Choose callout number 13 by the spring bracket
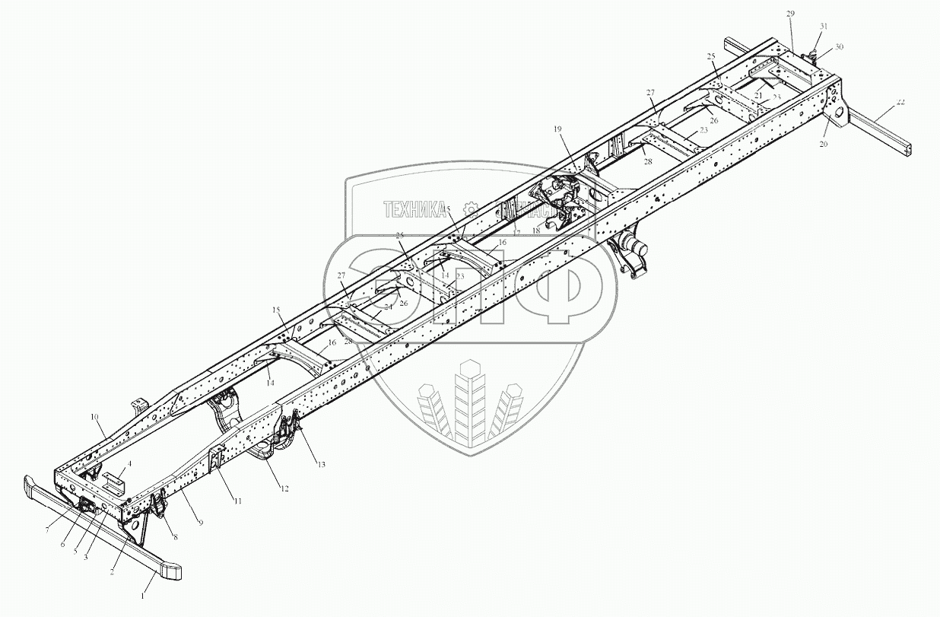pos(320,464)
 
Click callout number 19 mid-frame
pos(557,130)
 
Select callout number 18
pos(536,229)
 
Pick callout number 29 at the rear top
pos(791,14)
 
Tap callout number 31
pos(823,27)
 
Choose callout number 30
pos(839,47)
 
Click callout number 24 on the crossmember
pos(388,307)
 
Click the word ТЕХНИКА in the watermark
pos(414,208)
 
